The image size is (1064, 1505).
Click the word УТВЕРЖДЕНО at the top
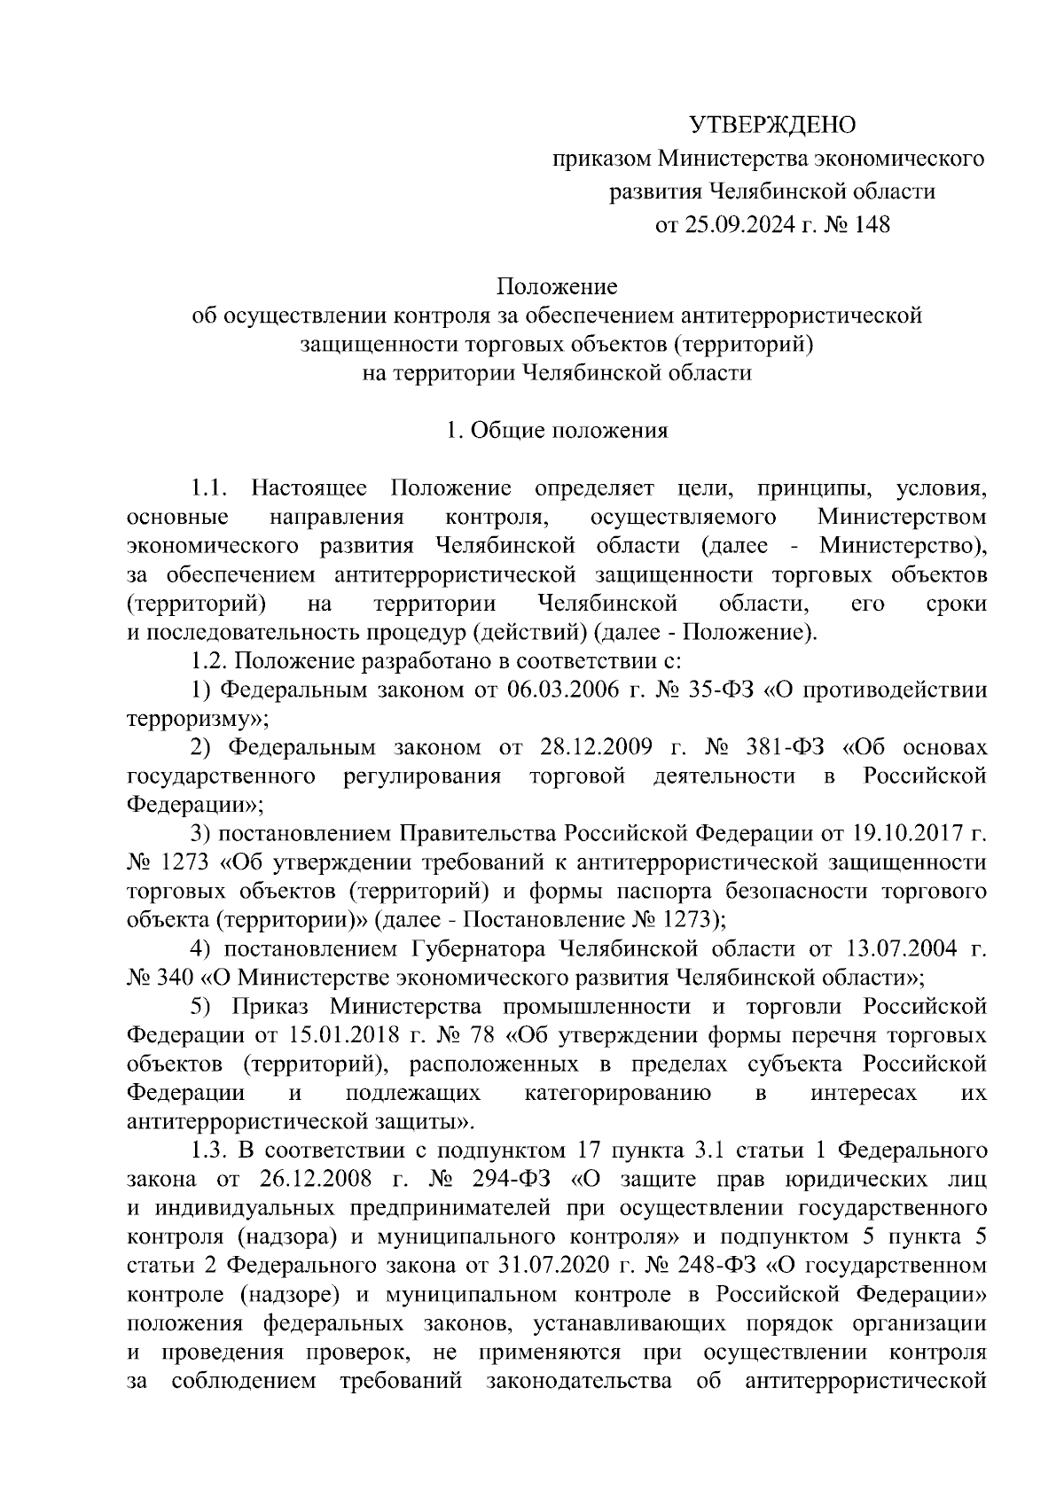(773, 126)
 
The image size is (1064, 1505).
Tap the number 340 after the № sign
(176, 979)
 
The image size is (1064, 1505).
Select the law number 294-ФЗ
(516, 1180)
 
